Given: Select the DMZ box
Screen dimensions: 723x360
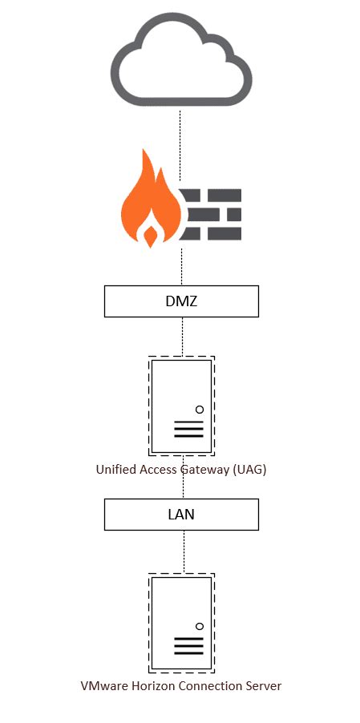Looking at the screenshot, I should click(181, 301).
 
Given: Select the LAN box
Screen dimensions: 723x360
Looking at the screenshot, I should click(181, 515).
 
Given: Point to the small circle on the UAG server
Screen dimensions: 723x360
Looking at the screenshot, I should click(200, 409).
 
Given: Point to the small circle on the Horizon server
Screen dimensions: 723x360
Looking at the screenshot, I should click(200, 626).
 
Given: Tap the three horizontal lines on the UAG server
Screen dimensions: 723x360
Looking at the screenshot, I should click(188, 430).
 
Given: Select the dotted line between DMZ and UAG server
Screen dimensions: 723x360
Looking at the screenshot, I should click(182, 337).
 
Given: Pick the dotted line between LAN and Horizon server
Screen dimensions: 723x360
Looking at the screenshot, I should click(184, 551).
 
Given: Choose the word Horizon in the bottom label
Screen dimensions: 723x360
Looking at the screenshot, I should click(148, 686).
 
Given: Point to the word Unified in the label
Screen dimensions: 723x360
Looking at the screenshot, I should click(115, 470).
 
